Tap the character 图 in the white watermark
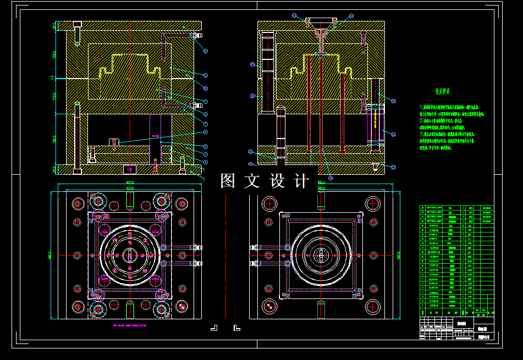228,181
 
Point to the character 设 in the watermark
277,181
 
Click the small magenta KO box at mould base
130,169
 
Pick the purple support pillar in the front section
155,137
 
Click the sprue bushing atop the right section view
321,23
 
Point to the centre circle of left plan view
130,255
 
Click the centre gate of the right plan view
321,255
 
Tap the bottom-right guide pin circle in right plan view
373,306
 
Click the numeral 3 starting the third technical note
421,134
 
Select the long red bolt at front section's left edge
78,140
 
